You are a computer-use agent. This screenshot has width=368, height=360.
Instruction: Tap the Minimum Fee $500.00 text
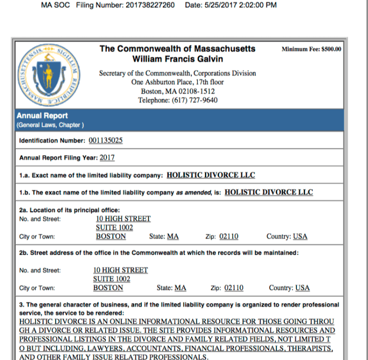(311, 49)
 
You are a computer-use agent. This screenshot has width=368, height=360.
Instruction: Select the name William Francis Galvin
(177, 59)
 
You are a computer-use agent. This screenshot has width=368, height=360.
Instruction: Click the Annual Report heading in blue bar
(42, 116)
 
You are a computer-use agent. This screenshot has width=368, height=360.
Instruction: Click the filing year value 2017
(107, 157)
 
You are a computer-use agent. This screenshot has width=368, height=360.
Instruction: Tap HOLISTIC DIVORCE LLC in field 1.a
(211, 175)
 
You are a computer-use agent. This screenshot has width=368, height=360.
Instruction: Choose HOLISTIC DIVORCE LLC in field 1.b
(269, 192)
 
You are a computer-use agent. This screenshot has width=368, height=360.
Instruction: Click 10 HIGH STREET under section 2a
(123, 218)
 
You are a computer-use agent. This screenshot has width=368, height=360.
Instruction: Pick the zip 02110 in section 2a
(229, 236)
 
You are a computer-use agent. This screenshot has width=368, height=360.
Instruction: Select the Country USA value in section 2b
(302, 288)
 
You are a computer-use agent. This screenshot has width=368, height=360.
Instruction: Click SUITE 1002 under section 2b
(111, 279)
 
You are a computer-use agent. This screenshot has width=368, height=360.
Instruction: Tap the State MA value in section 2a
(173, 236)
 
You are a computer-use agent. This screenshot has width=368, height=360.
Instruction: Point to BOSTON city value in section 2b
(108, 288)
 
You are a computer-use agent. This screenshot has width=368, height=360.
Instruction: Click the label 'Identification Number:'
(52, 141)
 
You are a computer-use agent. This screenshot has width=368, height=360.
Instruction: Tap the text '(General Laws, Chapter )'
(50, 125)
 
